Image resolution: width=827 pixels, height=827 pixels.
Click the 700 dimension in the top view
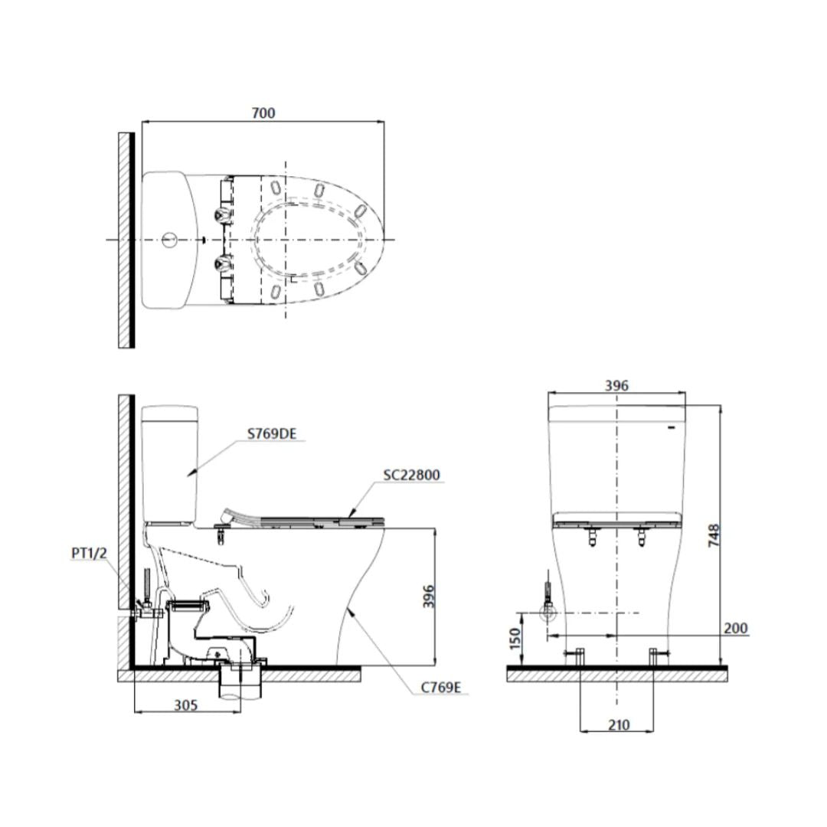(263, 113)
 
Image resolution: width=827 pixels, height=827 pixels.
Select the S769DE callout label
(271, 434)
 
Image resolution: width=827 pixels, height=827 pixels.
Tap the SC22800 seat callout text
(411, 475)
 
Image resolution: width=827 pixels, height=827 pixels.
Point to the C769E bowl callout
(440, 687)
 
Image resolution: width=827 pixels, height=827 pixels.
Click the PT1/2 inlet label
(90, 554)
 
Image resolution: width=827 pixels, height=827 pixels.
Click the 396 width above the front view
(616, 385)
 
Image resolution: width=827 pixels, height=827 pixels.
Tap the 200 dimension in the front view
(735, 628)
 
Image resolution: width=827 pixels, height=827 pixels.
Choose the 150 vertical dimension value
(515, 636)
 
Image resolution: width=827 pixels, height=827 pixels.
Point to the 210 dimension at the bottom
(619, 724)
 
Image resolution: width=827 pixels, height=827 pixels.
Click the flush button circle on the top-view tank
(170, 240)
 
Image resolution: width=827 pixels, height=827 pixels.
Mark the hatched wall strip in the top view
(123, 240)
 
